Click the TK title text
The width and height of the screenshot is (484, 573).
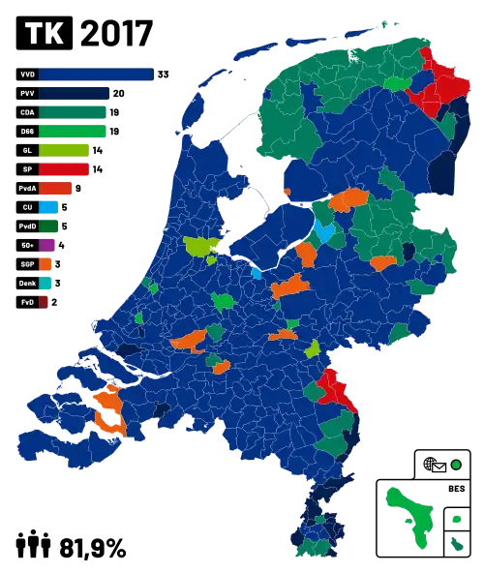point(45,35)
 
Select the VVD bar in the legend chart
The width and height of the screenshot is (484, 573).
point(97,75)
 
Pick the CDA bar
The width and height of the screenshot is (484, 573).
point(75,112)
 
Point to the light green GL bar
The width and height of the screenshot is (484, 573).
point(67,150)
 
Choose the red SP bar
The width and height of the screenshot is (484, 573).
point(65,169)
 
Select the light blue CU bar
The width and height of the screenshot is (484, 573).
point(50,207)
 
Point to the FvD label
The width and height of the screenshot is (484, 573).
point(26,302)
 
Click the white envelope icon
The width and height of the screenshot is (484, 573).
point(439,467)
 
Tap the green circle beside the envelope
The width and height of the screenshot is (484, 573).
point(455,466)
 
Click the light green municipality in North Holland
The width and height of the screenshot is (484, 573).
point(200,247)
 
